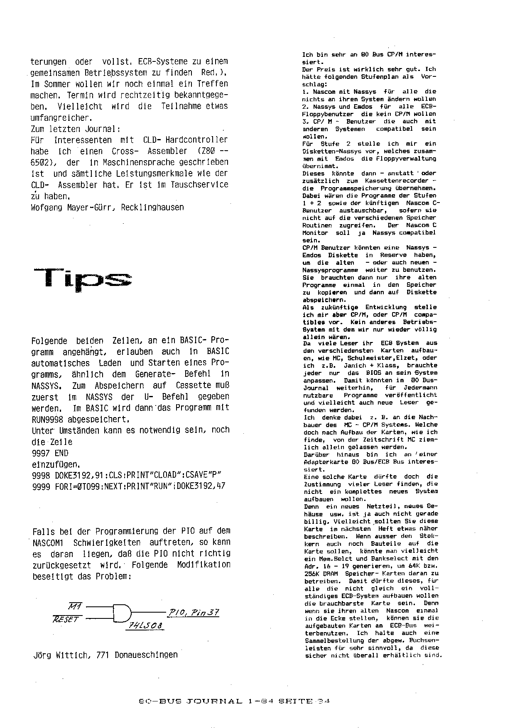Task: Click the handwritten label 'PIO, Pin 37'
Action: [193, 613]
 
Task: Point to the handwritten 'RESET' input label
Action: [66, 619]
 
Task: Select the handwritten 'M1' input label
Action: [75, 606]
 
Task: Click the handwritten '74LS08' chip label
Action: [145, 626]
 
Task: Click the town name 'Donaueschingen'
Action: [146, 655]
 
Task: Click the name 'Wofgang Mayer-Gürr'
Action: [74, 207]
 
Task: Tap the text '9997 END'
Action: [50, 453]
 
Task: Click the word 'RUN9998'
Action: [47, 419]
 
